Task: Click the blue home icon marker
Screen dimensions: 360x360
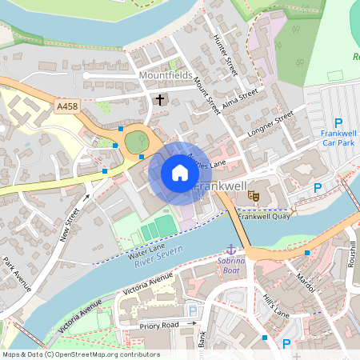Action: [180, 172]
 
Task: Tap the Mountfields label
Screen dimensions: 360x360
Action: [167, 76]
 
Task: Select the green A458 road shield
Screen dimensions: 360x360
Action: [68, 105]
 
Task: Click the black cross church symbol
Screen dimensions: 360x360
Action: [160, 100]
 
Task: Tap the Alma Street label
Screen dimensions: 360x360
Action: [241, 98]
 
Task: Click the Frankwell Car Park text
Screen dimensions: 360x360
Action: [338, 138]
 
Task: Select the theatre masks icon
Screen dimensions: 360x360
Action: [254, 194]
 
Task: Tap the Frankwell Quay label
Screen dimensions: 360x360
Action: [262, 216]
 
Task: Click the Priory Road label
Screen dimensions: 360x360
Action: [158, 326]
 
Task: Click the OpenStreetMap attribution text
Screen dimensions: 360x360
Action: [81, 354]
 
